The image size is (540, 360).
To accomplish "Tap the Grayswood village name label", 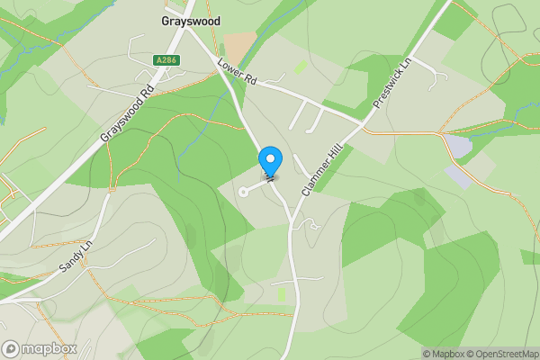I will point(190,21).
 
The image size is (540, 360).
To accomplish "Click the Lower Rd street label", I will point(238,74).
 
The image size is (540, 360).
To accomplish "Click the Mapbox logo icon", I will point(12,348).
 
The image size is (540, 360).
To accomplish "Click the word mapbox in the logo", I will point(49,348).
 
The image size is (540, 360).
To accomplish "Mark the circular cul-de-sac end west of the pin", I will point(243,191).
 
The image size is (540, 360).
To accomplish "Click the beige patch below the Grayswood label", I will point(239,46).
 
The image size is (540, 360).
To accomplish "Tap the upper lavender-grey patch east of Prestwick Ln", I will point(459,146).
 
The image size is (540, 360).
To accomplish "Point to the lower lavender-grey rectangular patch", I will point(458,175).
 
